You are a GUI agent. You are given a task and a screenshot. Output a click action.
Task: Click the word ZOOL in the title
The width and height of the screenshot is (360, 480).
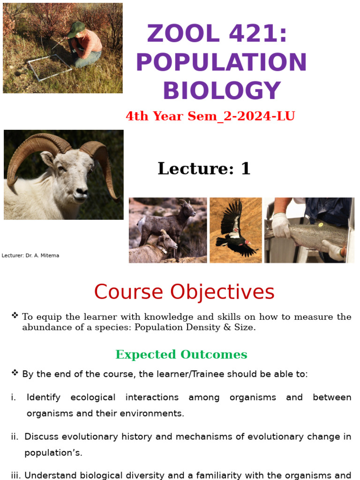176,34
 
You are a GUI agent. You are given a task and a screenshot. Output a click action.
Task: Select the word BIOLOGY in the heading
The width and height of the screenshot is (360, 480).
221,91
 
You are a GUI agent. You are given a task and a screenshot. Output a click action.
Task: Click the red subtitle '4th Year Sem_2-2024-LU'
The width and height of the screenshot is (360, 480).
210,116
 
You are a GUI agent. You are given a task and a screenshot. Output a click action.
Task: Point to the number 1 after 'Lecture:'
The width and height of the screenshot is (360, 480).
246,169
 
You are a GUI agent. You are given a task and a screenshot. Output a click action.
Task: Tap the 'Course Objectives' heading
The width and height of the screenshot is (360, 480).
184,292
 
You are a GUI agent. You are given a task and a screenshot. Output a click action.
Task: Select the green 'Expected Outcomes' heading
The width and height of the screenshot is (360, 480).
181,354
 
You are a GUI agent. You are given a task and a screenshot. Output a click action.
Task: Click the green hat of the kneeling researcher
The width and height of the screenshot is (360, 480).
75,29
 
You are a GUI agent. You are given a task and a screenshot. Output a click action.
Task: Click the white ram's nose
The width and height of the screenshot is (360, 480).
81,191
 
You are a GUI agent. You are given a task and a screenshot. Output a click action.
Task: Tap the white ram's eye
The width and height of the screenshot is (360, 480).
61,168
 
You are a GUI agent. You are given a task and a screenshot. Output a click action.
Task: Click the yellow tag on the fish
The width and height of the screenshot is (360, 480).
321,225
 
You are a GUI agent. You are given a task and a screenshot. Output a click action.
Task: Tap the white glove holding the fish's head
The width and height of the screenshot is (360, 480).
281,225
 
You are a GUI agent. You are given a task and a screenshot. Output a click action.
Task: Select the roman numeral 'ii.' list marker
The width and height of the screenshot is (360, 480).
15,436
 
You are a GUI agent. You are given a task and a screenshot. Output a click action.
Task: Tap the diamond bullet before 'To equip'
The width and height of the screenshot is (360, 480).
15,315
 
